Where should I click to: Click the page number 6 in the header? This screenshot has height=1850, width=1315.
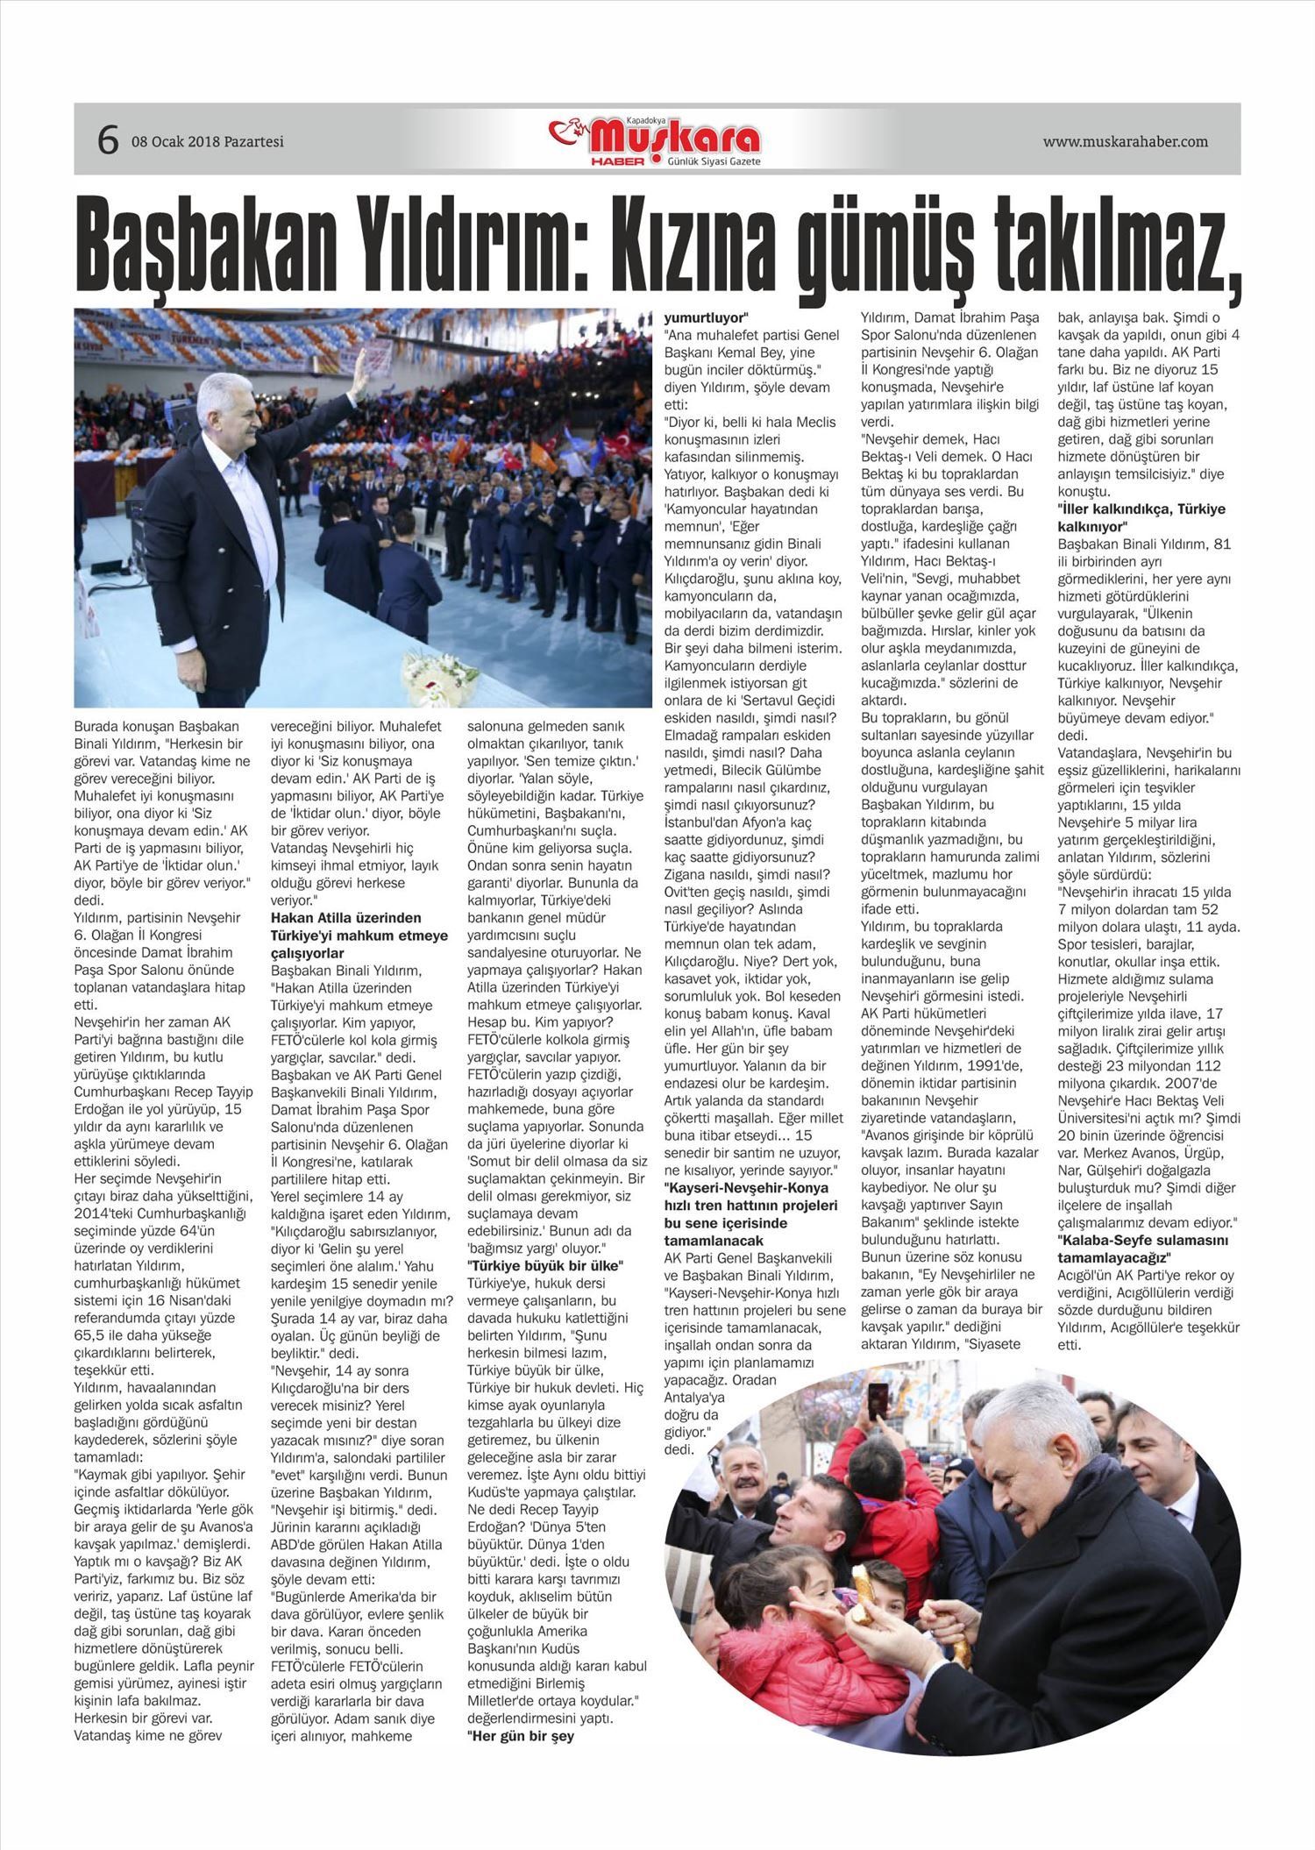point(107,140)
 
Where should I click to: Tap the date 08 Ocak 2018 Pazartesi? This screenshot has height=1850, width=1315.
point(208,141)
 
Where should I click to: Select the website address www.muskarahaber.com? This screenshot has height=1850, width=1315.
point(1125,141)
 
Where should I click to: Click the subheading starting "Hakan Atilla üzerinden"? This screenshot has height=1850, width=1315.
point(359,935)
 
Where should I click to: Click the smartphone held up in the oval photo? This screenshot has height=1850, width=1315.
point(878,1403)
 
